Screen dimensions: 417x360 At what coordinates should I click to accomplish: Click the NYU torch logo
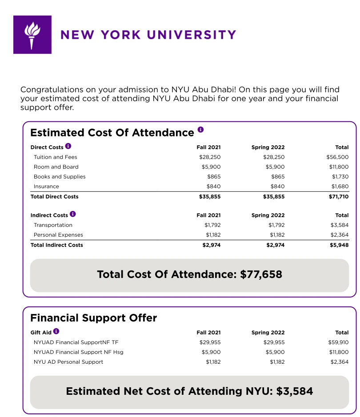pyautogui.click(x=32, y=35)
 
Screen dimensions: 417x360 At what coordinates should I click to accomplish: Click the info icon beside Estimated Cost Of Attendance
pyautogui.click(x=200, y=130)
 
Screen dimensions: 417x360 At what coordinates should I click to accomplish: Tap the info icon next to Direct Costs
pyautogui.click(x=68, y=146)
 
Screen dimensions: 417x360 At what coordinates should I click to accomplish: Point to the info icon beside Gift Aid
pyautogui.click(x=56, y=331)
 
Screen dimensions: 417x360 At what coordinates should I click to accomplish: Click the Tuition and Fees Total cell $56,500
pyautogui.click(x=337, y=157)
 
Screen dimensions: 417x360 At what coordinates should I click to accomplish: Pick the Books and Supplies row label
pyautogui.click(x=60, y=177)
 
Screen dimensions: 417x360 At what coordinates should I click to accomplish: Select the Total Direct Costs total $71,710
pyautogui.click(x=339, y=197)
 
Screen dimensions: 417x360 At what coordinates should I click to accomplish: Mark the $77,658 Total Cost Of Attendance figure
pyautogui.click(x=261, y=274)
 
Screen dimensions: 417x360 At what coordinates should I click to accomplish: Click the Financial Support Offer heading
pyautogui.click(x=93, y=318)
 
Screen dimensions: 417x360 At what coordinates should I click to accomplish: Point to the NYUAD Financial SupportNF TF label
pyautogui.click(x=76, y=342)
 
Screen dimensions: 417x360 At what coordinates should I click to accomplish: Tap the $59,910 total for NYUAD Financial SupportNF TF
pyautogui.click(x=339, y=342)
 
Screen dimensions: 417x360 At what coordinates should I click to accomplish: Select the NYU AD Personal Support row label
pyautogui.click(x=68, y=362)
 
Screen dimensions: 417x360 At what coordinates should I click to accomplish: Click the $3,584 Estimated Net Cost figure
pyautogui.click(x=294, y=391)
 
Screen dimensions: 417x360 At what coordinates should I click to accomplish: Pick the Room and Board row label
pyautogui.click(x=56, y=167)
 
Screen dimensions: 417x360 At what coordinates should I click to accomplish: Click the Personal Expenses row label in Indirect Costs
pyautogui.click(x=58, y=235)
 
